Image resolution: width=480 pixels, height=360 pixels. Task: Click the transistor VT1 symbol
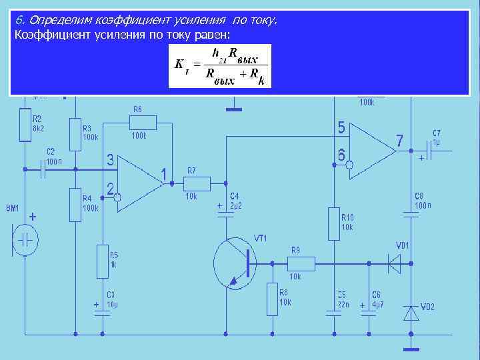235,262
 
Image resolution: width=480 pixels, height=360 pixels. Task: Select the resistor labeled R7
197,183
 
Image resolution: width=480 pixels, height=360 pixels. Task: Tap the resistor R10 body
333,223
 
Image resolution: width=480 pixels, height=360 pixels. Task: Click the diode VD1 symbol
394,263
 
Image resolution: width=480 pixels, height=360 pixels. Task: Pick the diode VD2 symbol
411,312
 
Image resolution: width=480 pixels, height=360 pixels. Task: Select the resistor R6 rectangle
143,122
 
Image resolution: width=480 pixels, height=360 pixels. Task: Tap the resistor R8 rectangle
272,299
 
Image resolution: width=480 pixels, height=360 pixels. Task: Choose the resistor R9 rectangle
301,263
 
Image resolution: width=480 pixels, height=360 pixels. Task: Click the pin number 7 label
399,141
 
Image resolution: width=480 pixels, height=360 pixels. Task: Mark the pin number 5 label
341,127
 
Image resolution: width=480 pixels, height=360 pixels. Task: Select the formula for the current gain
221,66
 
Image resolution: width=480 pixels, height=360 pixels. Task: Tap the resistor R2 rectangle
25,126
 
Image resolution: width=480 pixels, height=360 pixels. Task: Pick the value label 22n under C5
342,303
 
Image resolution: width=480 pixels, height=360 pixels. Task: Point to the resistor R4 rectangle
75,204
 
